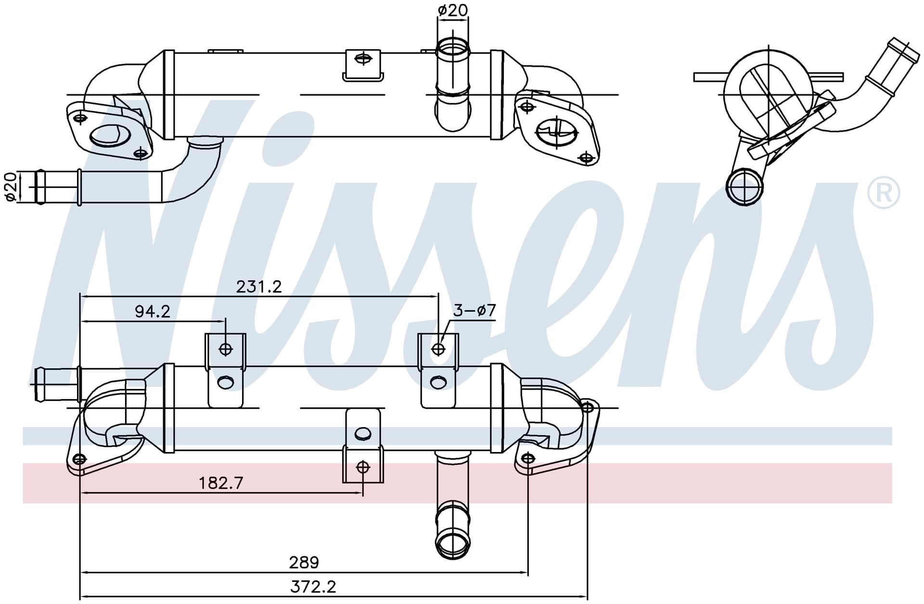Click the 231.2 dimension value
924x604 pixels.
[x=259, y=287]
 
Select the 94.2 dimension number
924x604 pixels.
[x=153, y=312]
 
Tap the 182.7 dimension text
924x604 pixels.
[x=221, y=483]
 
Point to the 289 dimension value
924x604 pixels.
[x=304, y=562]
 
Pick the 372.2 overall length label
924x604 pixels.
[x=313, y=587]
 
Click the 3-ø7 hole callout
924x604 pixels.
[x=475, y=311]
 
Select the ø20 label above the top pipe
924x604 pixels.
[x=453, y=10]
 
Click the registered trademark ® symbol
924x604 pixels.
[x=884, y=193]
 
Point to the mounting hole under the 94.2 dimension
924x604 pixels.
[x=226, y=349]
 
